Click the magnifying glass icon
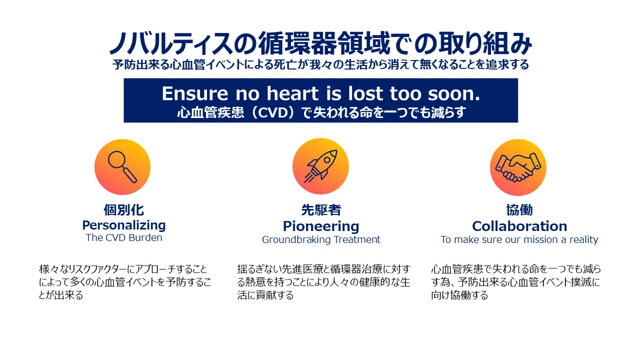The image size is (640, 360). (122, 167)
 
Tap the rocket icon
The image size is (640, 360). (320, 166)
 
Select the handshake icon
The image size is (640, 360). (518, 167)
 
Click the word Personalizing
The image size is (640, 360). (123, 225)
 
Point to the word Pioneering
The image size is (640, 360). (321, 226)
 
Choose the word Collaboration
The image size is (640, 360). (519, 226)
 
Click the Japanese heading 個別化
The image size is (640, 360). (123, 210)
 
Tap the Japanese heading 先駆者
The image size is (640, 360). (321, 210)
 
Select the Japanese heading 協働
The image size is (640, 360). (519, 210)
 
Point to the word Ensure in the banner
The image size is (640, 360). (195, 93)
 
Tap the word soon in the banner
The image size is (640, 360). (453, 93)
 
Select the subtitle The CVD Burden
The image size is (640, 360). (123, 237)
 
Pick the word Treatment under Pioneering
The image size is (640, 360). (357, 239)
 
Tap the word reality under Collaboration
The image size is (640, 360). (583, 239)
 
